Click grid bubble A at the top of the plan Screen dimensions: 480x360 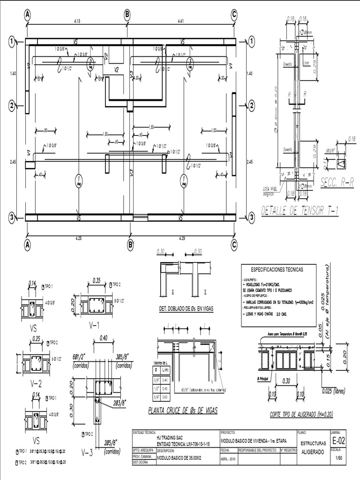click(x=28, y=15)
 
